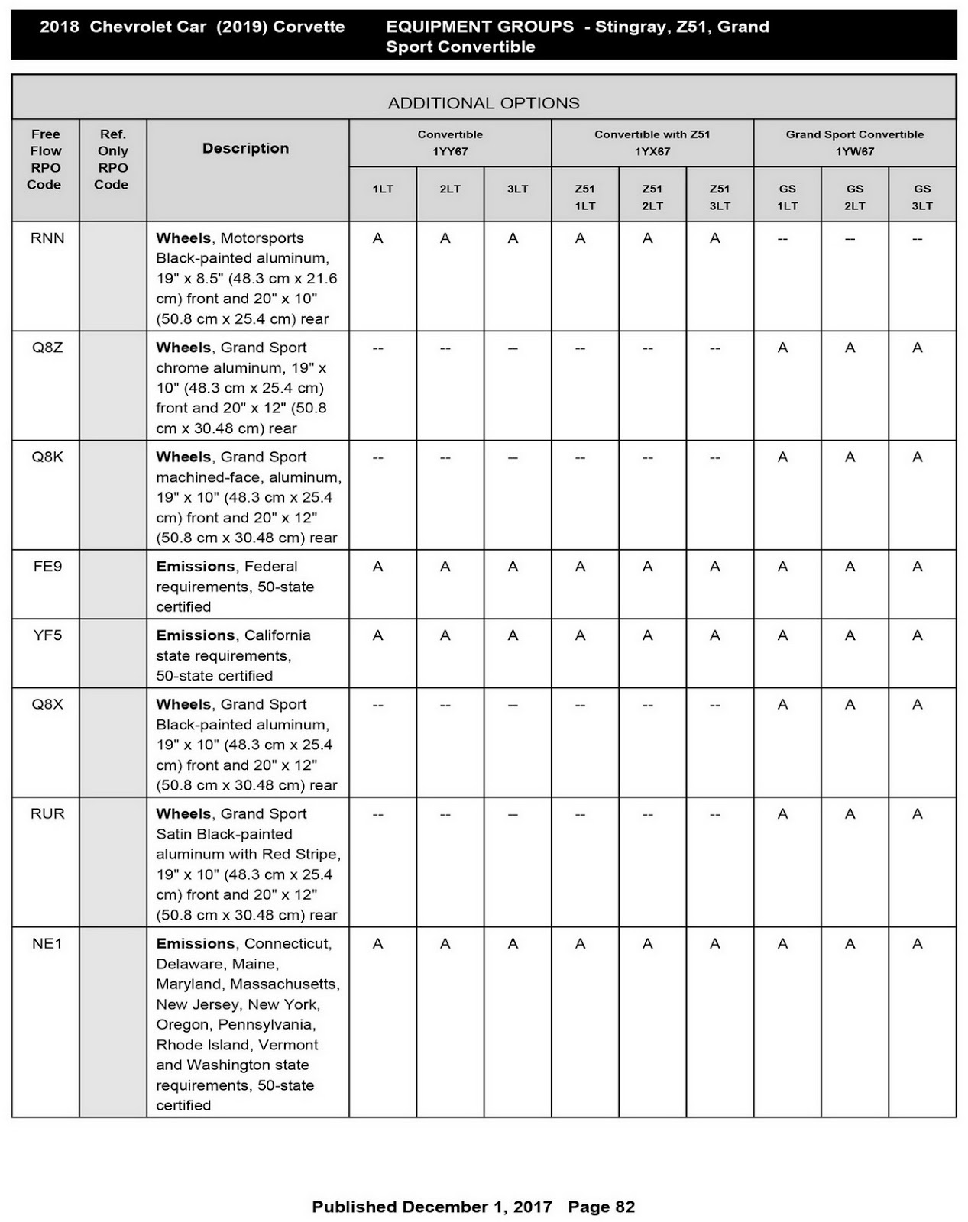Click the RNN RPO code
pos(47,238)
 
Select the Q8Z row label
pos(47,348)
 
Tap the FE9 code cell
pos(47,567)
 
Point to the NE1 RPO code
pos(47,944)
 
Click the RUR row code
pos(47,814)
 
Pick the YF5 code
pos(47,635)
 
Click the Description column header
pos(245,148)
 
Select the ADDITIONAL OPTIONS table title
pos(484,103)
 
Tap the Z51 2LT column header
pos(652,197)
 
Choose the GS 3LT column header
pos(922,197)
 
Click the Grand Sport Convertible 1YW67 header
pos(855,143)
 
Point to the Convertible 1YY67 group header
pos(450,143)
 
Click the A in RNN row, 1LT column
pos(378,238)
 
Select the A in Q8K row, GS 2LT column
pos(850,457)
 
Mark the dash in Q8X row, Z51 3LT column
pos(715,705)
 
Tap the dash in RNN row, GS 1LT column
pos(782,238)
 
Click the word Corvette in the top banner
pos(309,27)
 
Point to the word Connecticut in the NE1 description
pos(287,944)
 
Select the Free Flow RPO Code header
pos(45,159)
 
